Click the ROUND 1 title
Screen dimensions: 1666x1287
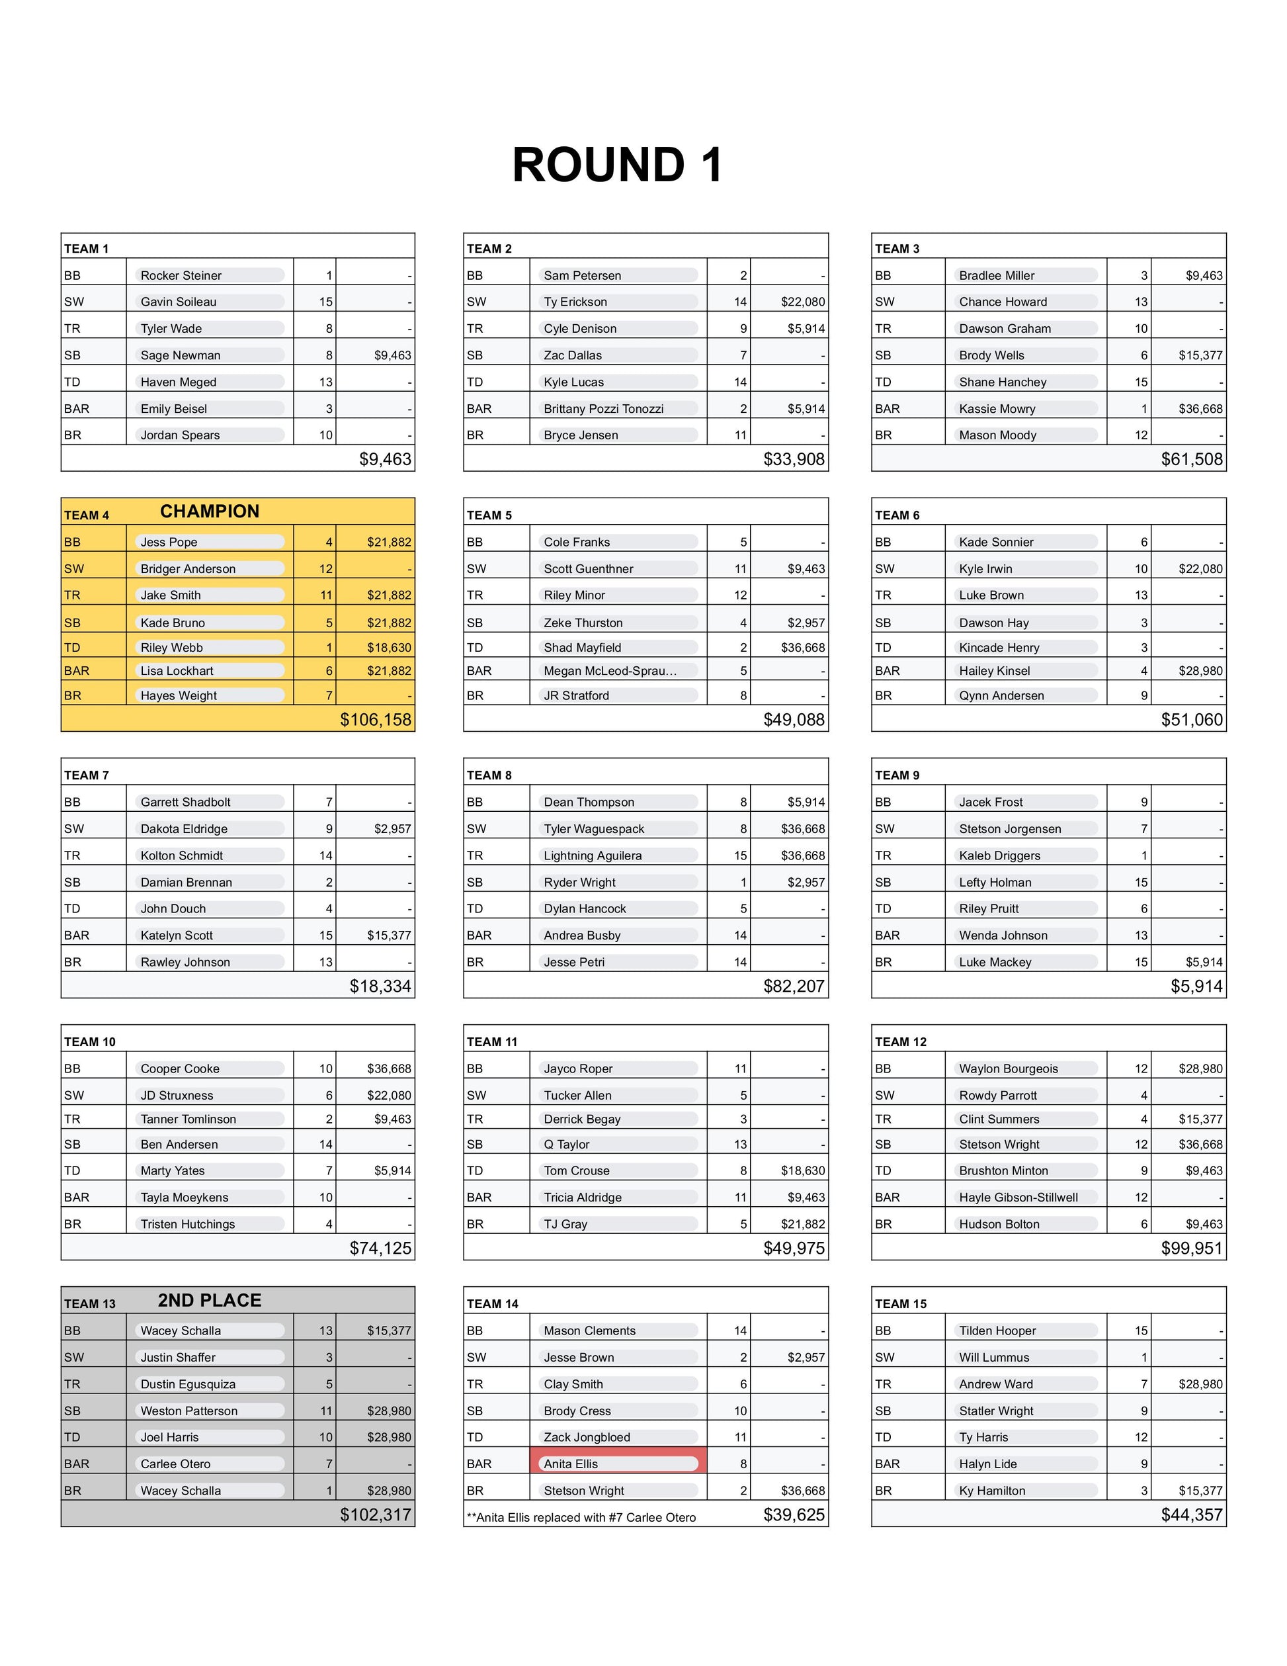tap(618, 165)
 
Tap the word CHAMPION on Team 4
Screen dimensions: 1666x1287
tap(210, 511)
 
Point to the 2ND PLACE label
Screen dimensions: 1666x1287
tap(210, 1301)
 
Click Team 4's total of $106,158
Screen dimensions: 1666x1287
tap(376, 719)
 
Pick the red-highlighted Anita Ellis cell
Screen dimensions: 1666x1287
tap(618, 1464)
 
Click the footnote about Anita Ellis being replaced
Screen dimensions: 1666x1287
tap(581, 1517)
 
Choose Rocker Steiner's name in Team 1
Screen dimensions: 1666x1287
tap(181, 275)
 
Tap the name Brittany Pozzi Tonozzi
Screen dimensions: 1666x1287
tap(603, 409)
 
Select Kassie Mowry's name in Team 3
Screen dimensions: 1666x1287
tap(997, 409)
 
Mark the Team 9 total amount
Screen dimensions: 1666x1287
tap(1196, 986)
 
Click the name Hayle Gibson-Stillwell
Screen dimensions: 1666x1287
tap(1018, 1198)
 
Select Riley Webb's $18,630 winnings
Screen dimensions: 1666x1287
tap(389, 648)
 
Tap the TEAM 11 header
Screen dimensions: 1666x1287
tap(492, 1042)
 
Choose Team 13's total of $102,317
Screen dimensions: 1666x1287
tap(376, 1515)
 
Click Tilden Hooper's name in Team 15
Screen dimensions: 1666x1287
tap(997, 1331)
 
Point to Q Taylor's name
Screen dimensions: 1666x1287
tap(567, 1144)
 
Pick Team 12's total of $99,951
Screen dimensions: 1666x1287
tap(1192, 1248)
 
